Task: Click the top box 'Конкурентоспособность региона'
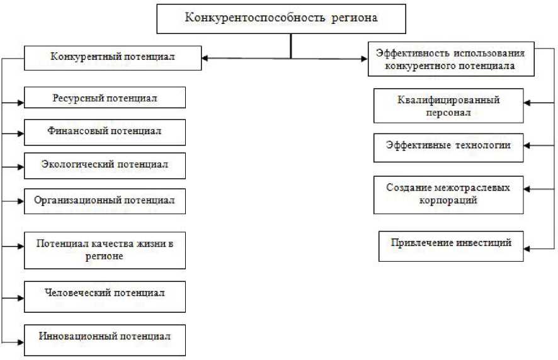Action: point(280,18)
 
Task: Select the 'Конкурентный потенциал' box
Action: point(113,57)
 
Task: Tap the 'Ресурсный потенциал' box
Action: point(105,98)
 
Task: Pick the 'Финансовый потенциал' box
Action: point(105,132)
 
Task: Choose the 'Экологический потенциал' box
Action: point(105,166)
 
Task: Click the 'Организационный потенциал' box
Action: point(105,201)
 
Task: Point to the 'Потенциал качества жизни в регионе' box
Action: point(105,250)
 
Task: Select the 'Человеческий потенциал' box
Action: point(105,294)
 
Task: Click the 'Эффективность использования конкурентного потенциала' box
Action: point(450,59)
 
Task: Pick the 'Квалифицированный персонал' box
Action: point(448,106)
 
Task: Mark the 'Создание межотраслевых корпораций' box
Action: point(448,194)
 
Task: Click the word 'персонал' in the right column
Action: point(448,113)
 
